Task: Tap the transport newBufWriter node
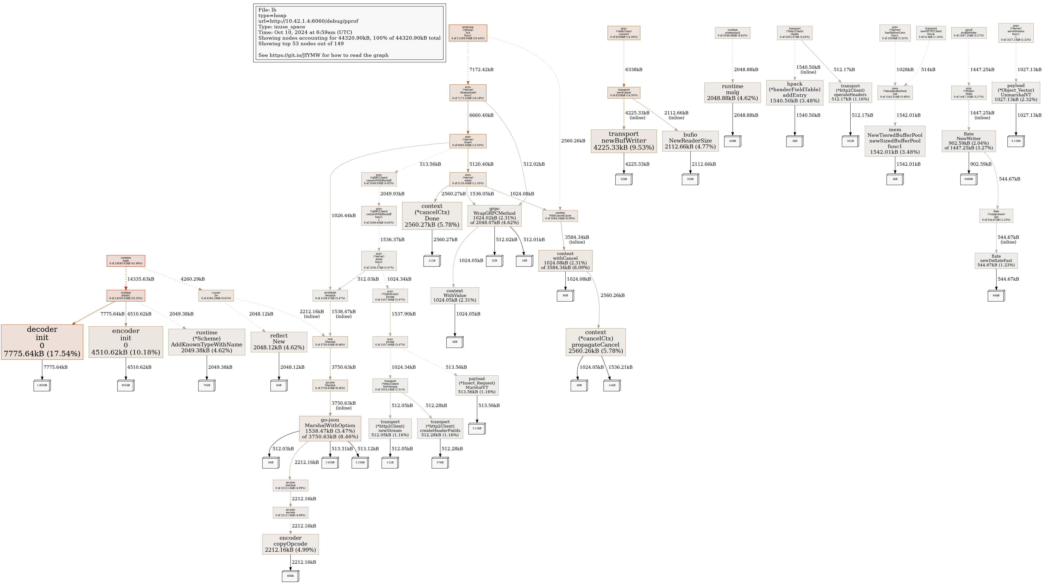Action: (x=624, y=141)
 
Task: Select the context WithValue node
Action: (x=455, y=295)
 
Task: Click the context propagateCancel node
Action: (x=595, y=342)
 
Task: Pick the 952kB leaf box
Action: (x=126, y=385)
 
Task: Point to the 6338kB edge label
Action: (x=634, y=70)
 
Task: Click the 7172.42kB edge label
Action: (x=481, y=70)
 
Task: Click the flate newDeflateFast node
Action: (x=996, y=261)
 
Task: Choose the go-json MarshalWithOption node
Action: (x=330, y=428)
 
